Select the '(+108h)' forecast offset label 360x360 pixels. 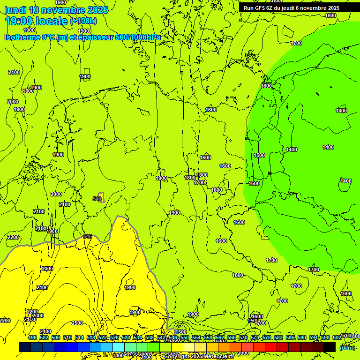click(83, 21)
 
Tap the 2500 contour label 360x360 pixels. click(77, 323)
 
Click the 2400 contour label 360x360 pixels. click(45, 331)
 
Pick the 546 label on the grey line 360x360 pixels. click(88, 236)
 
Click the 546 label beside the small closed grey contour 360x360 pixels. click(97, 199)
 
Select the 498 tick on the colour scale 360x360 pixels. click(32, 337)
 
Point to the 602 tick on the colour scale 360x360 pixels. click(337, 337)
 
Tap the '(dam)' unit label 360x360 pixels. click(347, 347)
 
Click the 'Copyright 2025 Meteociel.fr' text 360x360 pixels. click(199, 357)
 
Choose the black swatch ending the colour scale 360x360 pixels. click(330, 347)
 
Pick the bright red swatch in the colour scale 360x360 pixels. click(271, 347)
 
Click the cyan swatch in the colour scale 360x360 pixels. click(119, 347)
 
